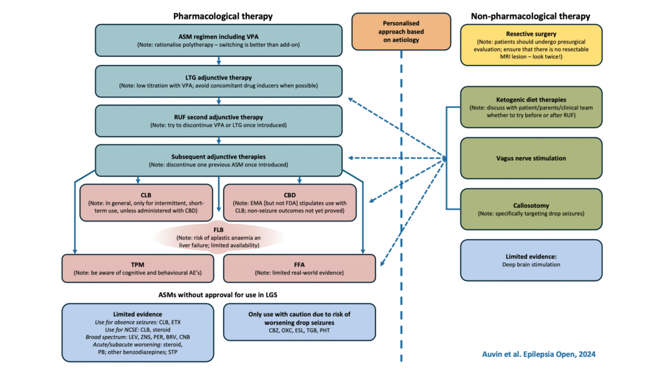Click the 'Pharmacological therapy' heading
[x=223, y=15]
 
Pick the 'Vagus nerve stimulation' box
[x=531, y=158]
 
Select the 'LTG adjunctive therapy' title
[x=219, y=76]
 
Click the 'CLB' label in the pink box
[x=147, y=194]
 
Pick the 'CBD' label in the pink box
[x=299, y=194]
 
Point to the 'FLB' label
[x=218, y=229]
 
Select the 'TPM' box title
[x=137, y=264]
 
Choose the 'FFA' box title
[x=299, y=264]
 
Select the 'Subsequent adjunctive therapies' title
[x=219, y=156]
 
